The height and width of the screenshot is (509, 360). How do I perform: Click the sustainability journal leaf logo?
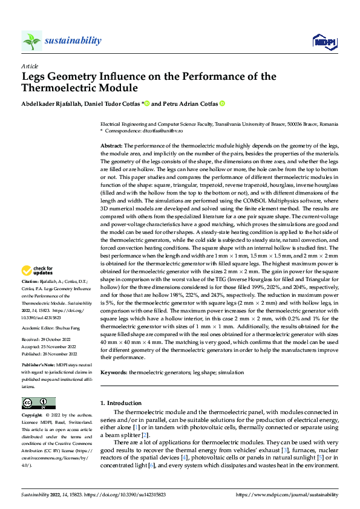click(32, 41)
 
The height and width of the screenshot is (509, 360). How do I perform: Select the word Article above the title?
click(30, 66)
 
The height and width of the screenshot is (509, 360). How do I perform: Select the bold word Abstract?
click(111, 146)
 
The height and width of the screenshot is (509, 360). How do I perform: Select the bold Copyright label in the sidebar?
click(32, 416)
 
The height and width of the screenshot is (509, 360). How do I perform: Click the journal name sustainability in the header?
click(73, 41)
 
